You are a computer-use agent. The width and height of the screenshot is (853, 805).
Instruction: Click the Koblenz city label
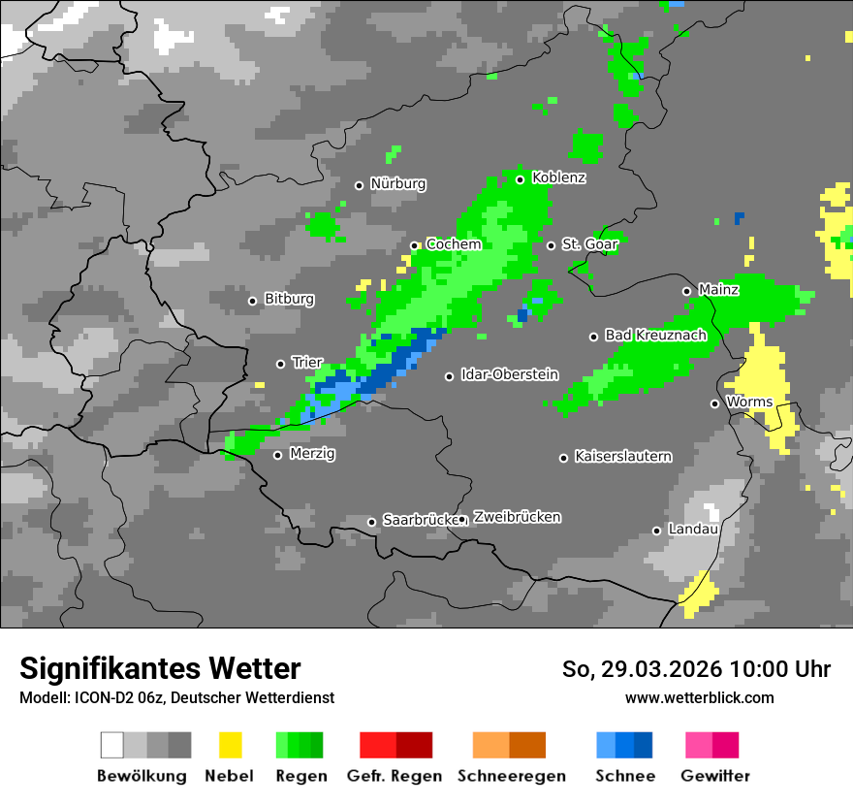tap(558, 178)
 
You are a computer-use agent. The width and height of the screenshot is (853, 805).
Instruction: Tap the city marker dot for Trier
tap(281, 364)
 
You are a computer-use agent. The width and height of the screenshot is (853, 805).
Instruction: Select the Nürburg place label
tap(397, 183)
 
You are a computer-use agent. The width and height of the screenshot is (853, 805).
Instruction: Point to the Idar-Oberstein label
tap(509, 374)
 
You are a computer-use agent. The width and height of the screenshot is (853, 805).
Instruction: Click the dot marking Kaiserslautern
tap(563, 458)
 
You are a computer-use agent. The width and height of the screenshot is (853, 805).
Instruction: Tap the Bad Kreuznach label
tap(655, 335)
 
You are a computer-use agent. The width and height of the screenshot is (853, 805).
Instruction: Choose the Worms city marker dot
tap(715, 403)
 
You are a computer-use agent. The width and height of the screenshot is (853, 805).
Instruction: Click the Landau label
tap(692, 530)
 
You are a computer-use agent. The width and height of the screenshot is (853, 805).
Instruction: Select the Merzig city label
tap(312, 453)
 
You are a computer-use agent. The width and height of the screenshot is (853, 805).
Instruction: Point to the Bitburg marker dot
tap(253, 301)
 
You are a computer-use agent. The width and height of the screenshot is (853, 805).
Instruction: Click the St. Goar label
tap(589, 244)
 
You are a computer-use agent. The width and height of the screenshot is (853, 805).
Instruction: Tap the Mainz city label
tap(718, 289)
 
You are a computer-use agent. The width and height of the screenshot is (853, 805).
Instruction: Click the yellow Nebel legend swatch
tap(230, 745)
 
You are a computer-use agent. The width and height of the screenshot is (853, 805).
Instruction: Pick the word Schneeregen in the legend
tap(511, 776)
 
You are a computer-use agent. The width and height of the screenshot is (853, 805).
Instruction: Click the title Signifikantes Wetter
tap(160, 668)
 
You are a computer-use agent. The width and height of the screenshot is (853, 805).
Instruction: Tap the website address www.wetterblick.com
tap(699, 697)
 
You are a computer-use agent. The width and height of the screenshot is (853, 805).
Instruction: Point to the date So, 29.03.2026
tap(642, 669)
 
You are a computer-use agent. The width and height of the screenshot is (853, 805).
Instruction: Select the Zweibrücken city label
tap(517, 517)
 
